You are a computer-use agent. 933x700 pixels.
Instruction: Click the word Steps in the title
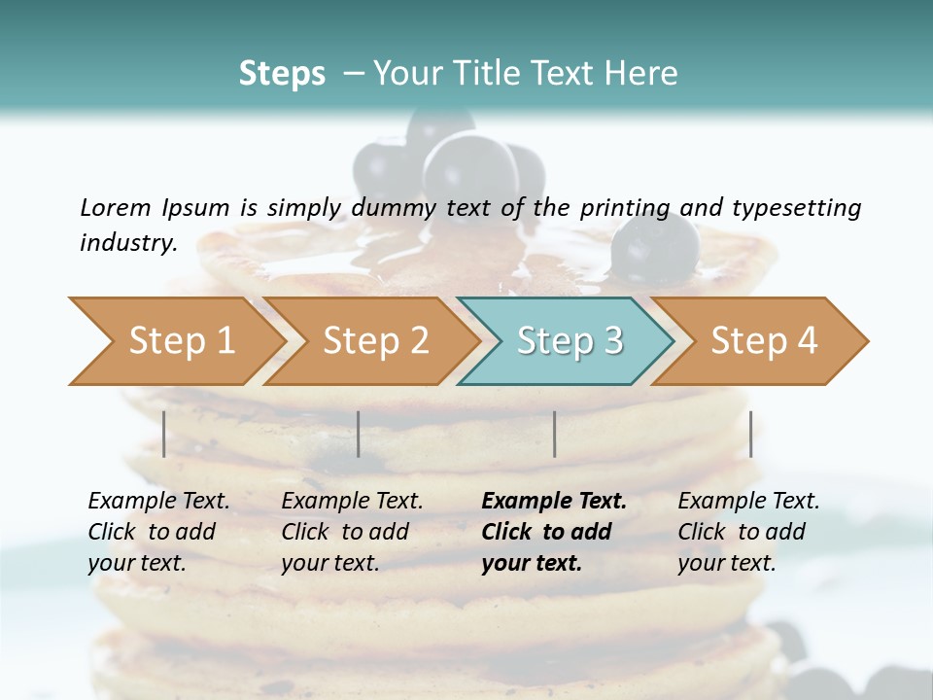coord(282,74)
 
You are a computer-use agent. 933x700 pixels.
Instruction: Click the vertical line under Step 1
coord(164,434)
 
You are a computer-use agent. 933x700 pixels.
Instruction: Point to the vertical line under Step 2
coord(359,434)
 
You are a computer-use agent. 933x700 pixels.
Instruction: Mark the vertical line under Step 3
coord(554,434)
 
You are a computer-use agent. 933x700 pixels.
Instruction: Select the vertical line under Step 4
coord(750,434)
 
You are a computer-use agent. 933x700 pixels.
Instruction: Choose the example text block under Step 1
coord(158,531)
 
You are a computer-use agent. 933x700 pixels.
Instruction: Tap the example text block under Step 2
coord(352,531)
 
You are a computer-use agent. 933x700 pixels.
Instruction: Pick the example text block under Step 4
coord(748,531)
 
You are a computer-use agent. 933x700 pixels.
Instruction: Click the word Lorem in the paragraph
coord(115,207)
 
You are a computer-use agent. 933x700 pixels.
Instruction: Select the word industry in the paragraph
coord(126,242)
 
